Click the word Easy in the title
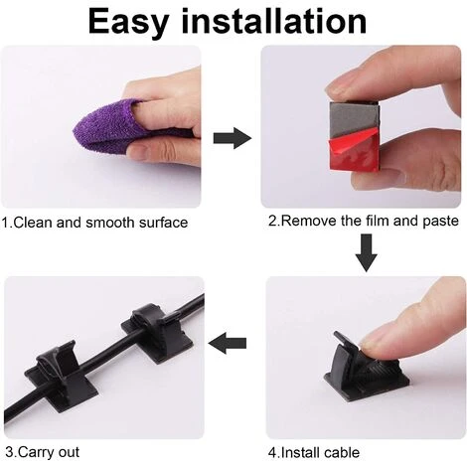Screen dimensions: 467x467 click(127, 22)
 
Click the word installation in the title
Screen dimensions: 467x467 click(274, 21)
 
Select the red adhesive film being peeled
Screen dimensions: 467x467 click(353, 151)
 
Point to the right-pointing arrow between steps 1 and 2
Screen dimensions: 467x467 click(233, 138)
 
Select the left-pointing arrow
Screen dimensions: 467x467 click(228, 343)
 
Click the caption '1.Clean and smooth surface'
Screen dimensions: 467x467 click(94, 223)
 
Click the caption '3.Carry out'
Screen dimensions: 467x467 click(43, 452)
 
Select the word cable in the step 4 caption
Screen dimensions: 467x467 click(342, 452)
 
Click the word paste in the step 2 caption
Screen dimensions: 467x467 click(440, 222)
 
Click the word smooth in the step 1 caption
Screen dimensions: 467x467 click(110, 223)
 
